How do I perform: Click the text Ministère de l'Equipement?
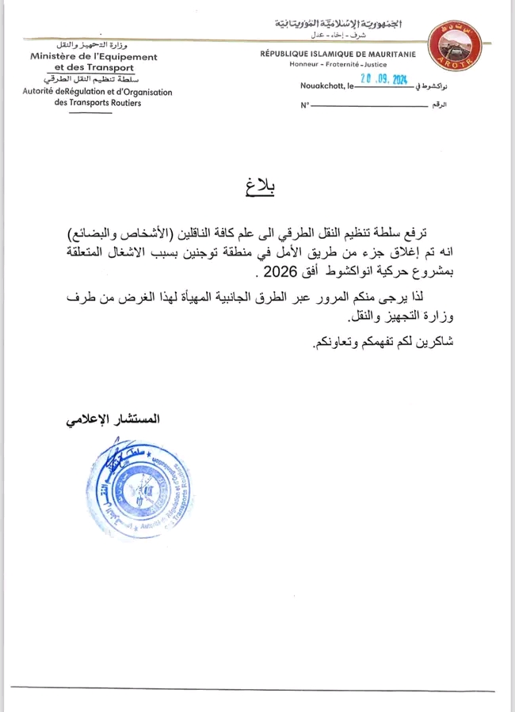point(93,57)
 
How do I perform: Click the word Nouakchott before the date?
point(320,85)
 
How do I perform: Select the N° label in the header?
point(304,105)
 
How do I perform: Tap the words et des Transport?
point(93,68)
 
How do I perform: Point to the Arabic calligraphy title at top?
point(339,22)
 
